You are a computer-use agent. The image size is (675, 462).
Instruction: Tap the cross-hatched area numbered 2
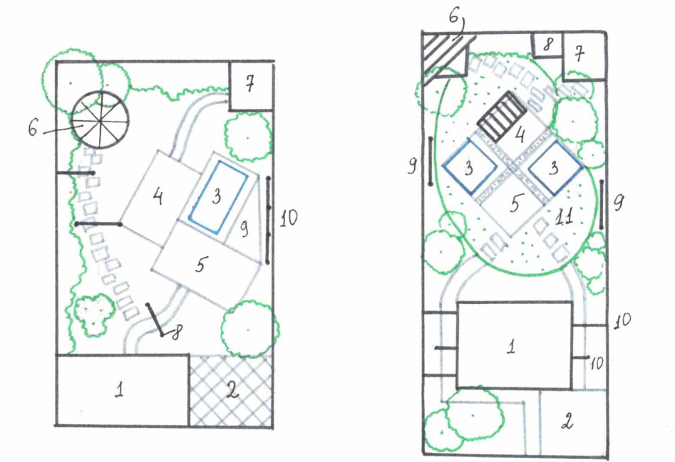[x=230, y=390]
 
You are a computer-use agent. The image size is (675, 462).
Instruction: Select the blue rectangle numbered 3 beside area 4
[x=217, y=197]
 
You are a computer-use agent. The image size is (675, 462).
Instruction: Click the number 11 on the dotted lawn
[x=565, y=217]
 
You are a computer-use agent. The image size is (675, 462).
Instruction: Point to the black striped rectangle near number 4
[x=502, y=116]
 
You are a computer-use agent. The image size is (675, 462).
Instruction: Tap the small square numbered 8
[x=547, y=45]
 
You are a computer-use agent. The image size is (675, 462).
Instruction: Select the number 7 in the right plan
[x=580, y=54]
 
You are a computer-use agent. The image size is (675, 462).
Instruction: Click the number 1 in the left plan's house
[x=120, y=389]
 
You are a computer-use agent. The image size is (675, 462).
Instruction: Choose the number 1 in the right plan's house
[x=511, y=346]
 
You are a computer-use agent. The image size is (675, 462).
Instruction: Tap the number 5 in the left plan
[x=200, y=264]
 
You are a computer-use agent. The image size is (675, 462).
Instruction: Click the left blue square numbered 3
[x=469, y=167]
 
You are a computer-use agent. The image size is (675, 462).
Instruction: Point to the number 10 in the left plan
[x=289, y=219]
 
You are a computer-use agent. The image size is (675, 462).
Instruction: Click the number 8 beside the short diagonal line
[x=177, y=332]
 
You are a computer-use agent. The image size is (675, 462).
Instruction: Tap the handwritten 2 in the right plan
[x=567, y=421]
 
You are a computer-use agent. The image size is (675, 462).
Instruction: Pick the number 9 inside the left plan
[x=244, y=229]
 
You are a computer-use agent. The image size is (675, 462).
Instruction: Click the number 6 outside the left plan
[x=34, y=127]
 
